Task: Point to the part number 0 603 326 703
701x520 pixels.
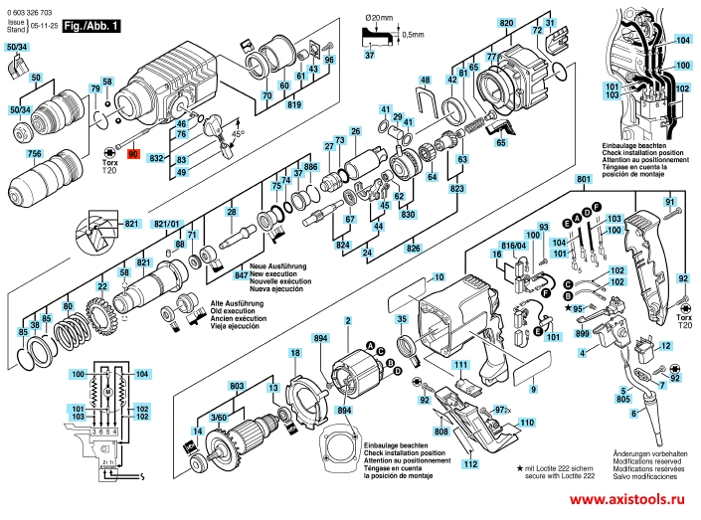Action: pyautogui.click(x=37, y=8)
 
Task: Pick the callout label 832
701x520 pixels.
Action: pyautogui.click(x=155, y=158)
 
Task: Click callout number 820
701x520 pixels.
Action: pyautogui.click(x=506, y=22)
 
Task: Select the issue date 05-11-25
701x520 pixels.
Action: pyautogui.click(x=44, y=25)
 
